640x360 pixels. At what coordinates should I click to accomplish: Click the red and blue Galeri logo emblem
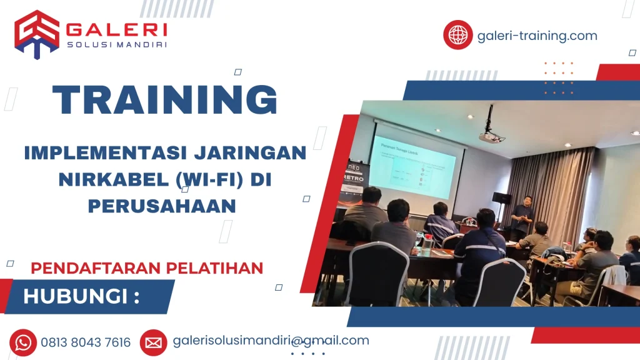37,34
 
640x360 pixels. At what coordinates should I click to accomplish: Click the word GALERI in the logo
116,30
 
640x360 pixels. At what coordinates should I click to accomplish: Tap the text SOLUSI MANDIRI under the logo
116,46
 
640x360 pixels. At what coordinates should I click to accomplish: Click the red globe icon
458,35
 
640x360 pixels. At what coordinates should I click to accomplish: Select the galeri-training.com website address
537,36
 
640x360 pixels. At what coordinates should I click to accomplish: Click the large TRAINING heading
165,99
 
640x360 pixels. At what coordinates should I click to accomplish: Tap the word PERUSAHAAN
161,206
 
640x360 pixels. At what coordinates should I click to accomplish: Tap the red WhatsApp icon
23,342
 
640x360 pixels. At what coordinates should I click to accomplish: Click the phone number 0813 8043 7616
86,342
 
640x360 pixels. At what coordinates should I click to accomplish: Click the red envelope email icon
153,342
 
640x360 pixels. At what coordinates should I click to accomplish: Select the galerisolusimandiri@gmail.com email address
271,341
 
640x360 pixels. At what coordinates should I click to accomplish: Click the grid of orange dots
558,77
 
